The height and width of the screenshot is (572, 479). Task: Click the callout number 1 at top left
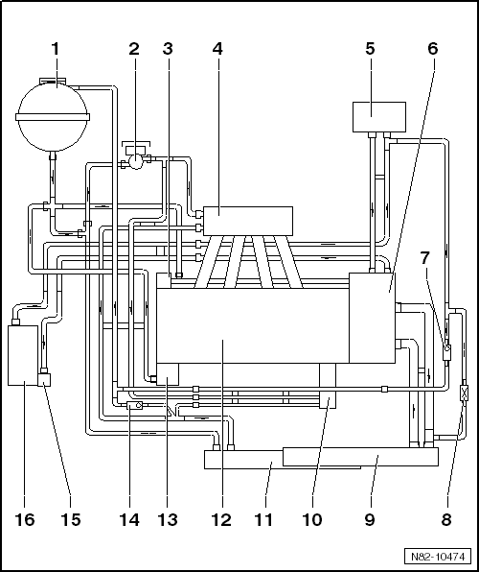(55, 49)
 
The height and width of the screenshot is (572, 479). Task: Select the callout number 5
(370, 49)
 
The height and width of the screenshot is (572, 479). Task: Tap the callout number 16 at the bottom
(24, 519)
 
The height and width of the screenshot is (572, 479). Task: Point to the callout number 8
(446, 519)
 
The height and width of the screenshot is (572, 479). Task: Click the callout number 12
(220, 519)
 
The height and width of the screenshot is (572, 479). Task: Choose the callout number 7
(424, 258)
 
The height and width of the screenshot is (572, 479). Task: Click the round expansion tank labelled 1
(53, 116)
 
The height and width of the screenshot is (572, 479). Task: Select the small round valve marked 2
(135, 162)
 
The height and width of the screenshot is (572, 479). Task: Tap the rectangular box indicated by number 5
(379, 117)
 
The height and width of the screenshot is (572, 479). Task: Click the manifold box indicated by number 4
(248, 221)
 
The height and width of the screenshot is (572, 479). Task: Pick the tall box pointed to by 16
(23, 355)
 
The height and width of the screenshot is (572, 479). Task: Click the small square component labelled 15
(44, 379)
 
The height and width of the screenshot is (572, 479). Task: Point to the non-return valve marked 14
(134, 405)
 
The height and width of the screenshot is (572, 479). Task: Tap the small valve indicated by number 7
(446, 349)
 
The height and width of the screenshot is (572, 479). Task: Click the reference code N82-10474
(438, 557)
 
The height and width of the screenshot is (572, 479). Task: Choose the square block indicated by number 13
(168, 374)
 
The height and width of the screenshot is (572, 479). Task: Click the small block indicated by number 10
(328, 400)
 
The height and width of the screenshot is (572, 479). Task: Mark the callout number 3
(168, 49)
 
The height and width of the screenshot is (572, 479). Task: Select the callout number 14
(129, 519)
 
